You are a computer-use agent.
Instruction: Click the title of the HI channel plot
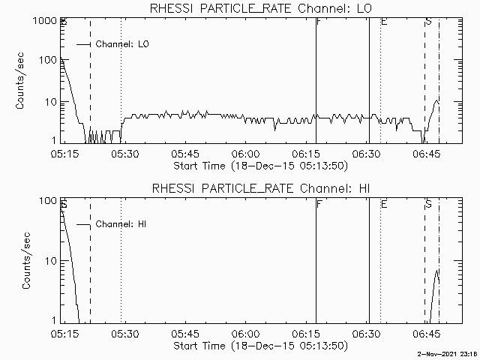[261, 188]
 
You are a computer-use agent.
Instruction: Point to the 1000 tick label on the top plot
[43, 22]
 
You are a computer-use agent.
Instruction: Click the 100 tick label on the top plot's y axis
[46, 61]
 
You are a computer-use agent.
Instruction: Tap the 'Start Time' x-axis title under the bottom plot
[259, 346]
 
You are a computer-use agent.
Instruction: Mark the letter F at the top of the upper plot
[319, 22]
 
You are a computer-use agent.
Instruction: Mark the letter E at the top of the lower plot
[383, 203]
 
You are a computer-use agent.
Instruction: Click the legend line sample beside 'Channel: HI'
[83, 225]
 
